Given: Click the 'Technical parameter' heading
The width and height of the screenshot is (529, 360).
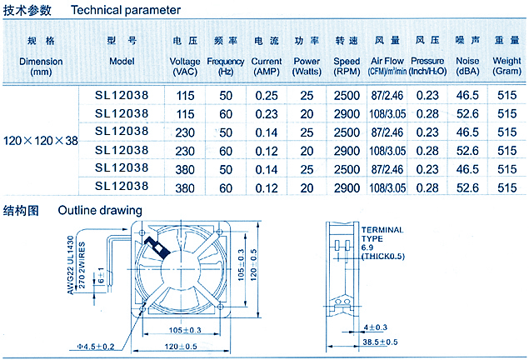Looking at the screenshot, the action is click(x=126, y=10).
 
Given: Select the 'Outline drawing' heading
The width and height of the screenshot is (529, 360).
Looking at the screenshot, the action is click(x=100, y=210).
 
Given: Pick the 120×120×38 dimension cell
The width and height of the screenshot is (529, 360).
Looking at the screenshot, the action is click(x=41, y=141).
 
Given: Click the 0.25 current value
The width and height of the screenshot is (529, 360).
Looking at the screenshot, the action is click(x=267, y=96).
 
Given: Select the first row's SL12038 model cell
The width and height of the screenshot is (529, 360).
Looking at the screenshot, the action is click(x=122, y=95).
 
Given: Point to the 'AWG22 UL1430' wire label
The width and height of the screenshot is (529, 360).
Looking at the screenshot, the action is click(x=71, y=265).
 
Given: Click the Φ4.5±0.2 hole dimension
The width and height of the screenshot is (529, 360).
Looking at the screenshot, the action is click(x=96, y=347).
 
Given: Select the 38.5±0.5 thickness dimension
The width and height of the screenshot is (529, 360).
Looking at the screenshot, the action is click(x=380, y=342).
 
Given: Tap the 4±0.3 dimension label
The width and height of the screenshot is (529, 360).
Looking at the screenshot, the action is click(x=376, y=327).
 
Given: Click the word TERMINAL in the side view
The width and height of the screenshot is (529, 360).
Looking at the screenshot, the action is click(x=382, y=230).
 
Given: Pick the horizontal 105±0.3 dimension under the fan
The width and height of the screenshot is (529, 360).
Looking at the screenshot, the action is click(x=185, y=330).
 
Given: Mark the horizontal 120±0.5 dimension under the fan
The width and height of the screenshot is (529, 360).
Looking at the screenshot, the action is click(x=181, y=347).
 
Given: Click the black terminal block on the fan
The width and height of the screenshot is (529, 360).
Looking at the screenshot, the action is click(x=157, y=248).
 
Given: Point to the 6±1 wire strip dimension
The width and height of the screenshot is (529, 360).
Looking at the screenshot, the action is click(x=102, y=276).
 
